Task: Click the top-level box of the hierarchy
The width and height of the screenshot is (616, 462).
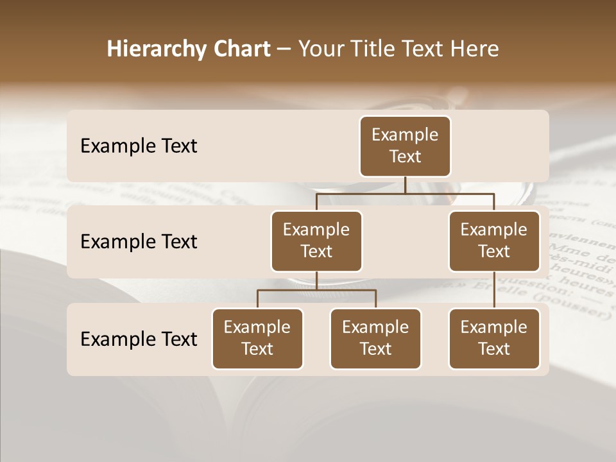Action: [x=405, y=146]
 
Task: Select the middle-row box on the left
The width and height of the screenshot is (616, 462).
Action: [x=316, y=241]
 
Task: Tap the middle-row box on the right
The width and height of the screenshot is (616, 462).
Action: [x=494, y=241]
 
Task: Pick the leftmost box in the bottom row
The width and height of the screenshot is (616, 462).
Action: [x=257, y=338]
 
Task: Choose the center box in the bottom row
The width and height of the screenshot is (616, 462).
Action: [x=375, y=338]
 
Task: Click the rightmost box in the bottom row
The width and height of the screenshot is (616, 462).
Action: [x=494, y=338]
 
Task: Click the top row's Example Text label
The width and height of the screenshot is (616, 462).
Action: [x=139, y=146]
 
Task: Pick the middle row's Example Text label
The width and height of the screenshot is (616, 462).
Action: [x=139, y=242]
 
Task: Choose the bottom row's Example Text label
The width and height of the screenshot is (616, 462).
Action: [x=139, y=339]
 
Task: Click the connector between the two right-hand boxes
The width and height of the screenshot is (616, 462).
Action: [x=494, y=290]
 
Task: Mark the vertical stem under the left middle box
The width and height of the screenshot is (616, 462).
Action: [x=316, y=281]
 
